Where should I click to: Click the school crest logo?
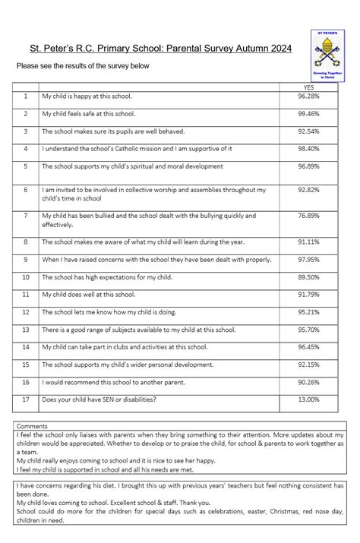[328, 55]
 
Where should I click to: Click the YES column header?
[308, 88]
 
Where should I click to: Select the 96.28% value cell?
[308, 97]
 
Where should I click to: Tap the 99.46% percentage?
[308, 114]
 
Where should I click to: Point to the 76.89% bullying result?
[308, 216]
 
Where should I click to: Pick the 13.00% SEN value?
[308, 399]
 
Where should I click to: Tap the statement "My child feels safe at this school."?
[89, 114]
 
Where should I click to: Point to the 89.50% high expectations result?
[308, 277]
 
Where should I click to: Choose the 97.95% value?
[308, 260]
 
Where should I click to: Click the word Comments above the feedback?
[32, 426]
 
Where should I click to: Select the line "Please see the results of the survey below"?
[84, 66]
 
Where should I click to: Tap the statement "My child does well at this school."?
[88, 294]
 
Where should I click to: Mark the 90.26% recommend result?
[308, 382]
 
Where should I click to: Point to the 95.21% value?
[308, 311]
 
